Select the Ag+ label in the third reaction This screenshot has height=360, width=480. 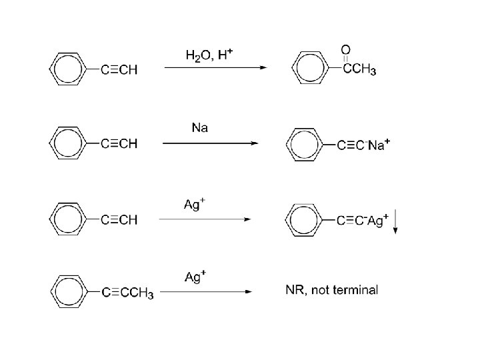[x=193, y=205]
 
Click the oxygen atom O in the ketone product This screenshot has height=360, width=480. [x=345, y=49]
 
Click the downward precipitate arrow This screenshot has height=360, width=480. [x=395, y=221]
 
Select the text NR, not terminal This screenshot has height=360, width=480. [x=331, y=291]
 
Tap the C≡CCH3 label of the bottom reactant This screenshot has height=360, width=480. [x=127, y=293]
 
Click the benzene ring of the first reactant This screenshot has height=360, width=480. [x=68, y=69]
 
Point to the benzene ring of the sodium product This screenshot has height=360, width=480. [x=303, y=145]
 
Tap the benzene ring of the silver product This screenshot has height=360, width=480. [x=303, y=219]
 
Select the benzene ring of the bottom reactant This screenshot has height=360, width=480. [x=68, y=291]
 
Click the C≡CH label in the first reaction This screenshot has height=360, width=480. [x=119, y=69]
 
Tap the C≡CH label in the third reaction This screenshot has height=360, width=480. [x=119, y=220]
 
